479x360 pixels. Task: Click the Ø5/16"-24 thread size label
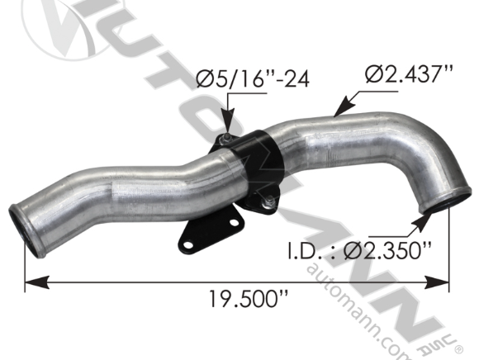(x=239, y=80)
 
